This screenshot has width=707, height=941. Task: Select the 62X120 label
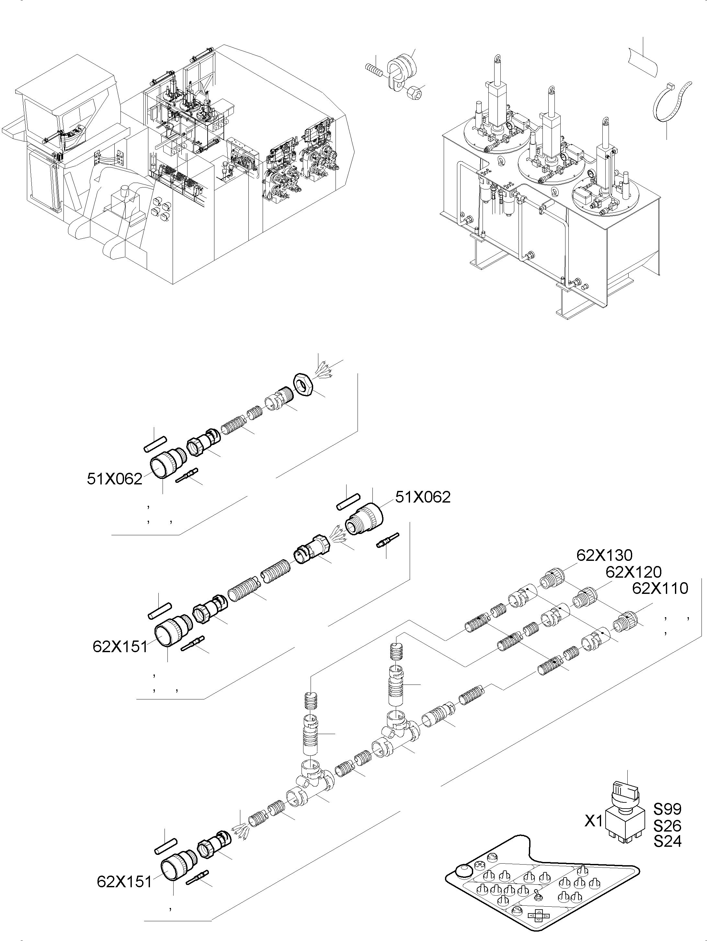point(634,572)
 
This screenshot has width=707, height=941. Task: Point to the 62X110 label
point(660,588)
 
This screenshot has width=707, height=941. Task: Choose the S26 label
point(667,826)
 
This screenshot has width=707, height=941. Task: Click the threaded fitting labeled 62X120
point(585,598)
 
